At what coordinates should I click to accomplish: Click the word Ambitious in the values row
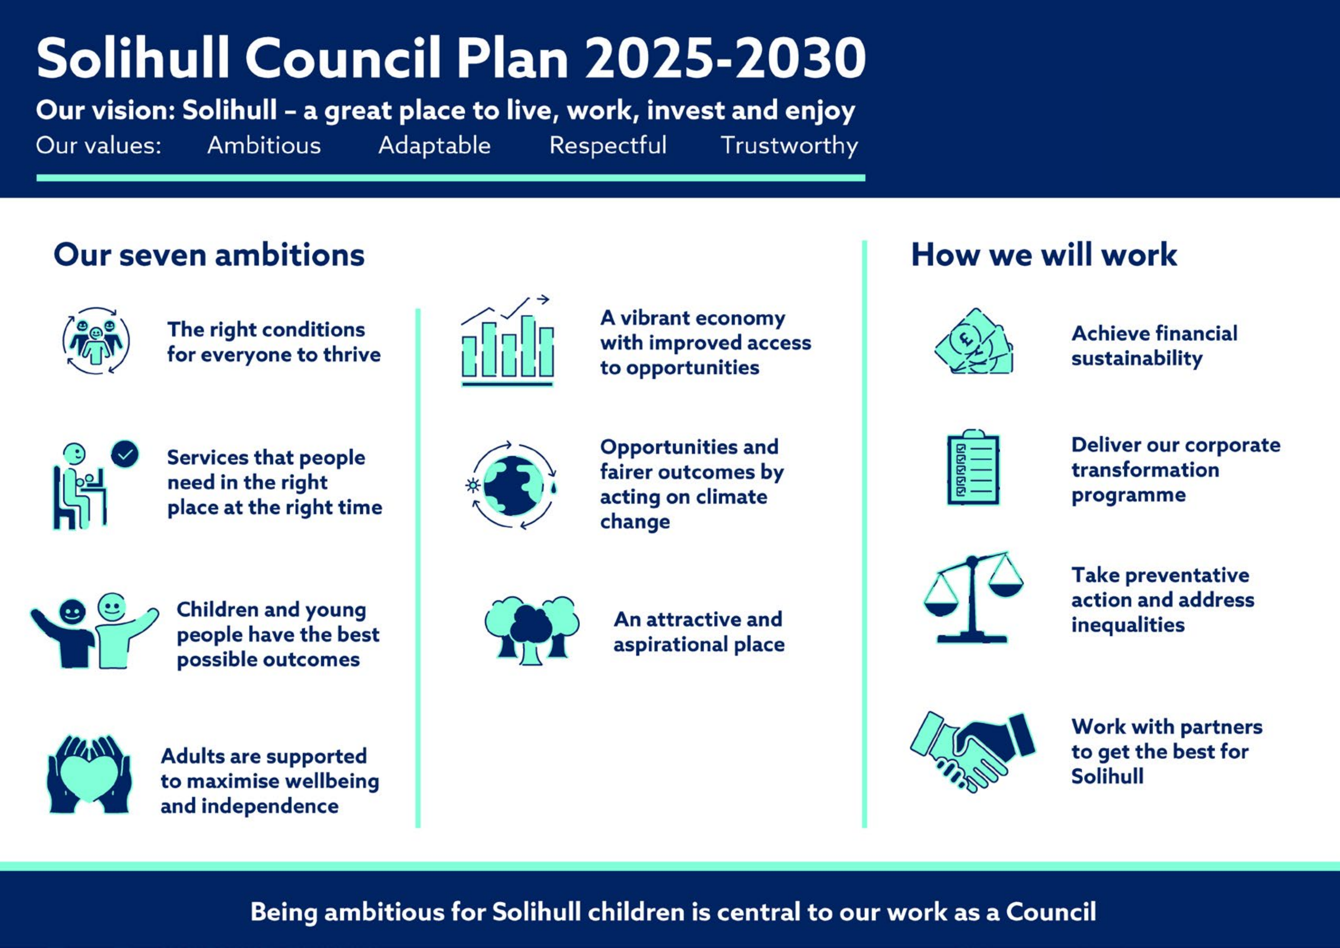[x=264, y=145]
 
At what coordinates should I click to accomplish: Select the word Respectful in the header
[x=608, y=145]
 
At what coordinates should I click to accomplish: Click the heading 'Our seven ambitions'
[x=209, y=255]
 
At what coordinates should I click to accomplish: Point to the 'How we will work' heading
[x=1044, y=255]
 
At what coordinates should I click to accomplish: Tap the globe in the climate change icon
[x=514, y=485]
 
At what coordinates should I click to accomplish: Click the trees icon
[x=532, y=630]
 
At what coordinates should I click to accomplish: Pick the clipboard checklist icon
[x=973, y=467]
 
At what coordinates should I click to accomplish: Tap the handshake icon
[x=973, y=751]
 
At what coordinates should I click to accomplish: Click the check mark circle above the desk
[x=125, y=454]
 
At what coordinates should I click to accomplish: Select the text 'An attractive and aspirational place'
[x=699, y=632]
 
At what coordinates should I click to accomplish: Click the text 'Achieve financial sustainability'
[x=1154, y=345]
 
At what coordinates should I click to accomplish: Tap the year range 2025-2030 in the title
[x=725, y=58]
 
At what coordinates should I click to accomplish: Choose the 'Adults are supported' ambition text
[x=270, y=781]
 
